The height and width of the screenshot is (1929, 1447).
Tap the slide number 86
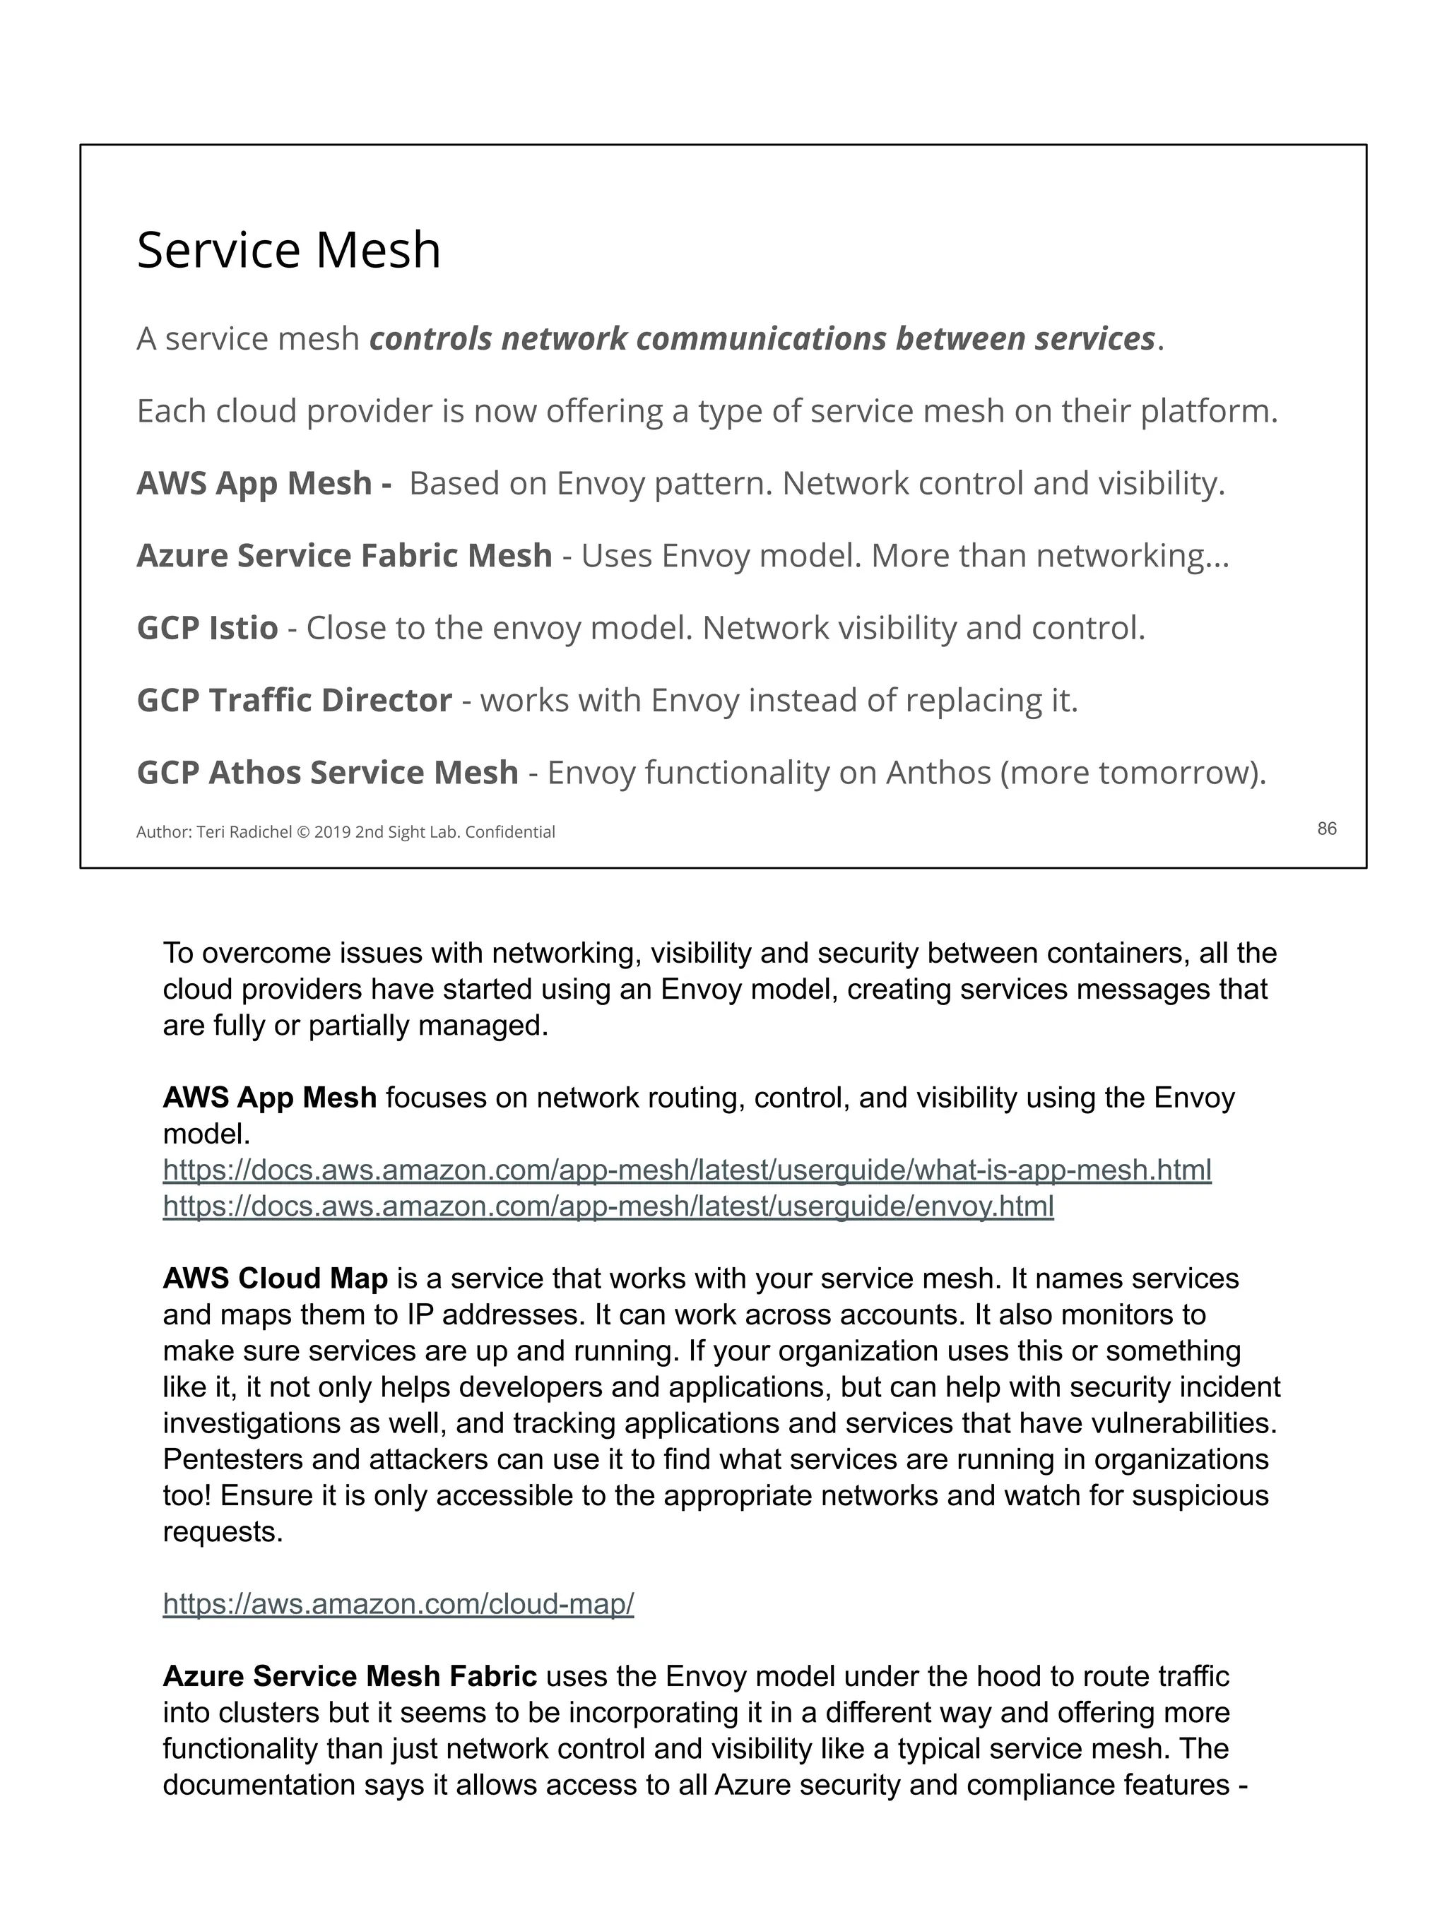point(1325,829)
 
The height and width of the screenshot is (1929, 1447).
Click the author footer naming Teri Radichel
point(345,832)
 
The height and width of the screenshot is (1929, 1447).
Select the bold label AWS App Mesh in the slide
point(254,483)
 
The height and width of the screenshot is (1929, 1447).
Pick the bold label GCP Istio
point(208,628)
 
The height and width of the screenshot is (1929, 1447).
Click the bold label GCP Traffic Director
point(294,700)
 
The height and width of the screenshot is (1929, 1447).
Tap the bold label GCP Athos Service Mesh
point(327,773)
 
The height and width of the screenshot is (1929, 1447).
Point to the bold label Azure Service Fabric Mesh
point(345,555)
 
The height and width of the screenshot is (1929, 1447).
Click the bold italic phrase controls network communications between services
point(762,339)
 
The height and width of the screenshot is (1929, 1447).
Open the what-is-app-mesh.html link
point(687,1170)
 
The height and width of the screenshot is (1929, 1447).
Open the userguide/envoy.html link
point(608,1206)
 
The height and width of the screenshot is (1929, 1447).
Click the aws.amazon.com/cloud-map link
point(398,1603)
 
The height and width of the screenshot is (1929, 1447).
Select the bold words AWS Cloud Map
point(275,1278)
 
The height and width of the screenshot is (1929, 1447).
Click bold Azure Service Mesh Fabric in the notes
point(350,1676)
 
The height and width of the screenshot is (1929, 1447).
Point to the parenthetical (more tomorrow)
point(1133,773)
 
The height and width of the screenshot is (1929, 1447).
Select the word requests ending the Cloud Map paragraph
point(223,1532)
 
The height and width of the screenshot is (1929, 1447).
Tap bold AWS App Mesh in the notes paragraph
point(269,1097)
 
